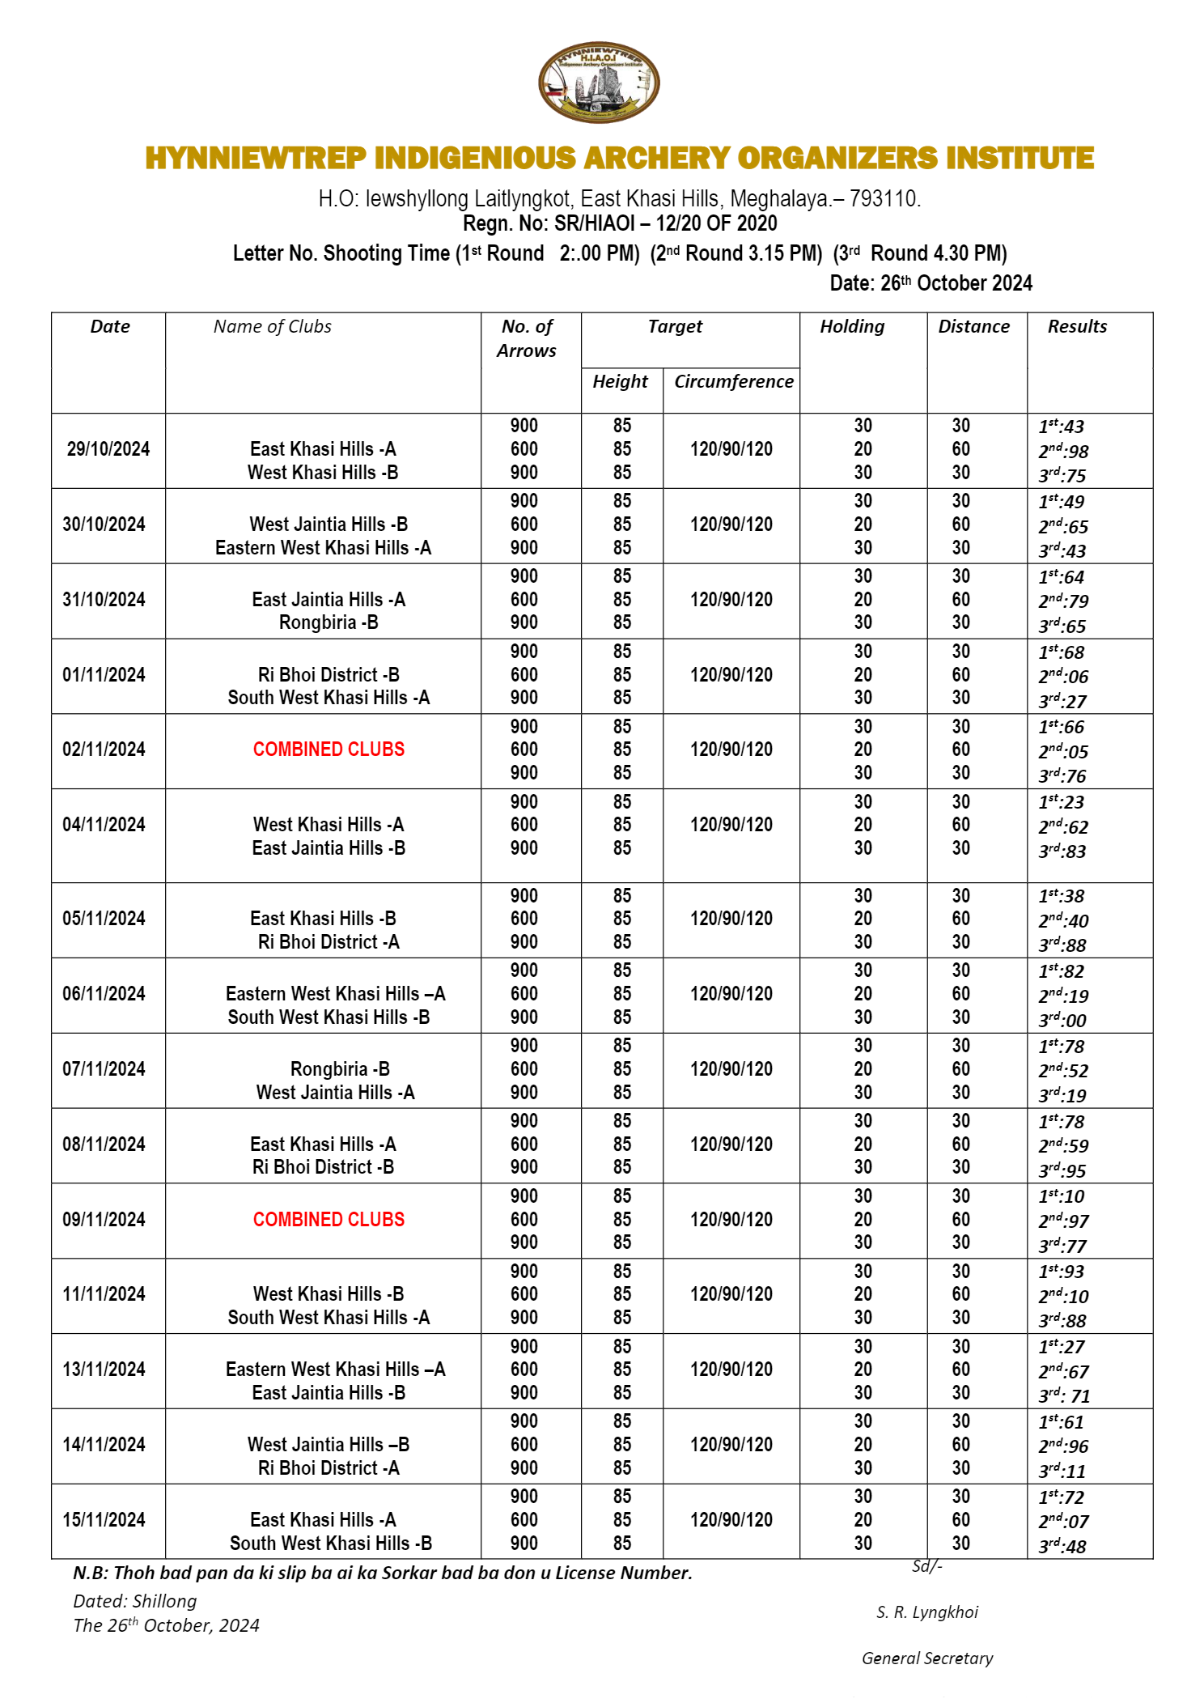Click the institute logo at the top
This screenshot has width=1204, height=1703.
coord(599,83)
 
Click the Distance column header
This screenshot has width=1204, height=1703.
coord(973,327)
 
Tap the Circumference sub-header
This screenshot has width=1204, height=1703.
coord(733,382)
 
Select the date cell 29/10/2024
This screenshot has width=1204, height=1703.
coord(108,449)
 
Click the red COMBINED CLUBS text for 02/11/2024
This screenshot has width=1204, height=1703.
coord(329,750)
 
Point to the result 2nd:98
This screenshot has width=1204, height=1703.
coord(1063,451)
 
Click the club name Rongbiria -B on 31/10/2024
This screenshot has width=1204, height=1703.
coord(329,622)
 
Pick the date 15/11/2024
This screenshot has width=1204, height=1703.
coord(104,1520)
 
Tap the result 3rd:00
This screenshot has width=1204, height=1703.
coord(1062,1020)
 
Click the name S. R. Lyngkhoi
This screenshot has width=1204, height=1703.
coord(927,1612)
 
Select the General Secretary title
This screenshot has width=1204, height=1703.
coord(927,1658)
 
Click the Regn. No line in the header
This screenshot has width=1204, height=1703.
coord(620,223)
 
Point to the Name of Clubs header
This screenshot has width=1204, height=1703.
coord(273,327)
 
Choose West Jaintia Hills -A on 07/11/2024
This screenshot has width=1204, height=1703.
coord(335,1093)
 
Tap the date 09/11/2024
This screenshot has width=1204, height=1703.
coord(104,1220)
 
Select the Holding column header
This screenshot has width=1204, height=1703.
coord(852,327)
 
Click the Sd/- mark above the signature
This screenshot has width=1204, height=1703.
coord(927,1566)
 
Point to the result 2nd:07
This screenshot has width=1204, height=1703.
coord(1063,1522)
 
